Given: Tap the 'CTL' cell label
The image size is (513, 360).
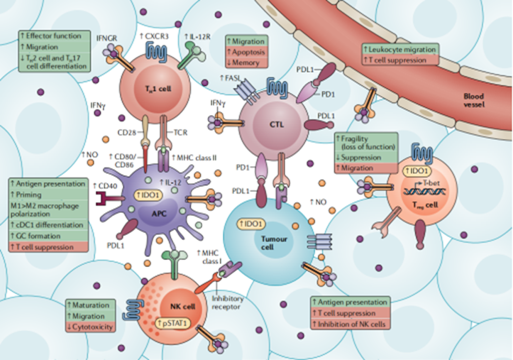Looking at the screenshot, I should point(266,123).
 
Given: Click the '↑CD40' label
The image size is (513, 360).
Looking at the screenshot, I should point(102,186).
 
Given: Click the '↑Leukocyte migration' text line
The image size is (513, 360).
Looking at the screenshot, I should point(400,48).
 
